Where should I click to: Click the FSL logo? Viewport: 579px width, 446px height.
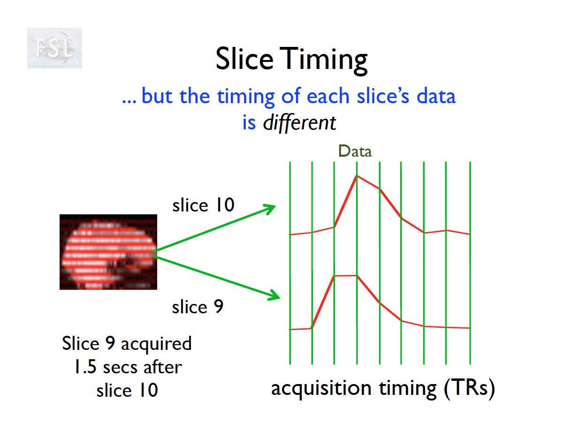click(54, 48)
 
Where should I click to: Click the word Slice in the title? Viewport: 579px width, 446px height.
click(244, 59)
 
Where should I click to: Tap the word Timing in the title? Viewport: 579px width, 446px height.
click(323, 60)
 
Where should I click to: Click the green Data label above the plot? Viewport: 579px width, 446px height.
click(355, 151)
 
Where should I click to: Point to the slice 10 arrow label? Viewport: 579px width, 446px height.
click(203, 205)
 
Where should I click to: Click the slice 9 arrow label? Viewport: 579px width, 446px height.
click(198, 306)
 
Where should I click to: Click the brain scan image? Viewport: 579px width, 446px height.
click(108, 252)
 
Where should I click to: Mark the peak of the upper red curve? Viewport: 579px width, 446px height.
click(357, 176)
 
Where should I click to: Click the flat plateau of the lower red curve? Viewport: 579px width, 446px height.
click(345, 276)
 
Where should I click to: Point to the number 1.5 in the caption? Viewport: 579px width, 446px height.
click(85, 367)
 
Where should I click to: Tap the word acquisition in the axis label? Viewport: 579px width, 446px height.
click(321, 389)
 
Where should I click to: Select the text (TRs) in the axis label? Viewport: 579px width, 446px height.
click(469, 389)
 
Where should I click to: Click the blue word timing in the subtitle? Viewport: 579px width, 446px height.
click(246, 97)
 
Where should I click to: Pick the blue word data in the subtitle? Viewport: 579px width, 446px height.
click(436, 96)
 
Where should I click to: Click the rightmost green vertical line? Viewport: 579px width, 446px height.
click(470, 263)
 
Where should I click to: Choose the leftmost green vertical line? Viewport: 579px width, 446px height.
click(290, 263)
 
